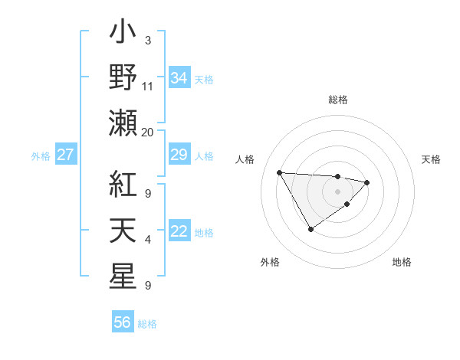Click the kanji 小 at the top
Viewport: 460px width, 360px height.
point(123,35)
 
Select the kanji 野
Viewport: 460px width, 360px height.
point(123,77)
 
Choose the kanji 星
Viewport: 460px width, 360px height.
point(123,276)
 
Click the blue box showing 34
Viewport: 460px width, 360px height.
point(179,78)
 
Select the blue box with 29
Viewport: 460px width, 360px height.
point(179,155)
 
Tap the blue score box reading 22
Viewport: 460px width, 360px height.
point(179,232)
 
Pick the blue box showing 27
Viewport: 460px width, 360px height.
point(65,155)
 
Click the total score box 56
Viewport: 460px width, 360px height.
point(122,322)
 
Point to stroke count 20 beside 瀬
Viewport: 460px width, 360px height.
point(147,132)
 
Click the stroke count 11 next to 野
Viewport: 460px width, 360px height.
point(147,87)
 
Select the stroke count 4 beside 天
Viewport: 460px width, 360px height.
point(147,241)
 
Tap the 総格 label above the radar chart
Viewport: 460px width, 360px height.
point(338,100)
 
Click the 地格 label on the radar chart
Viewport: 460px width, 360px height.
point(402,262)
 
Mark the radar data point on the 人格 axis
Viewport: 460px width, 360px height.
point(279,172)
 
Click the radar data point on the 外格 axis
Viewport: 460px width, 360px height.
point(310,229)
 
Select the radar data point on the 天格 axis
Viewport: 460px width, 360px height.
point(367,182)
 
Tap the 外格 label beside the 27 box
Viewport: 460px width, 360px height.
point(41,156)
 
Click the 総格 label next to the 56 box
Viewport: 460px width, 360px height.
point(147,323)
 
